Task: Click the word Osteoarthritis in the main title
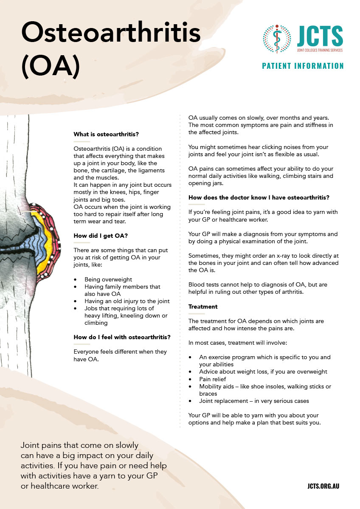pos(111,33)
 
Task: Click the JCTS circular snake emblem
pos(277,39)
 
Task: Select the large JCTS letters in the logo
pos(320,36)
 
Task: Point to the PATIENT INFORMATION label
pos(303,66)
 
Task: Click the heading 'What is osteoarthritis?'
pos(106,135)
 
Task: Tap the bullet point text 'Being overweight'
pos(108,280)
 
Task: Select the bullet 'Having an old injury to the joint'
pos(127,301)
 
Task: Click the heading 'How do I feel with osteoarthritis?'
pos(122,337)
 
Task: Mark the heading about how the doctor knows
pos(259,197)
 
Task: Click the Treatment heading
pos(203,307)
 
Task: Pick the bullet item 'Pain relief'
pos(213,379)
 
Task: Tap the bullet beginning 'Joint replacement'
pos(254,401)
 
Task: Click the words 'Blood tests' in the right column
pos(204,285)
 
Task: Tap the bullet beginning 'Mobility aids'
pos(265,386)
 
